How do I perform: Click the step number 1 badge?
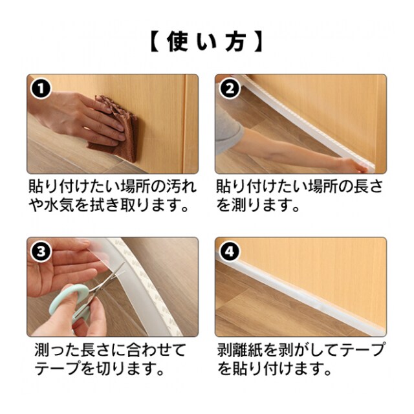[41, 88]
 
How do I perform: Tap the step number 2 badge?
[230, 88]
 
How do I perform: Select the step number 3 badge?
[41, 252]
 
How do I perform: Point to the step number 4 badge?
[230, 252]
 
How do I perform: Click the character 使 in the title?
[177, 41]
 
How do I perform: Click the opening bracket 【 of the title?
[155, 41]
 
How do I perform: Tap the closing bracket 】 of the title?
[258, 41]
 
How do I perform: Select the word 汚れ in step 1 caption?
[182, 186]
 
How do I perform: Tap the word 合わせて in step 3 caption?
[157, 350]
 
